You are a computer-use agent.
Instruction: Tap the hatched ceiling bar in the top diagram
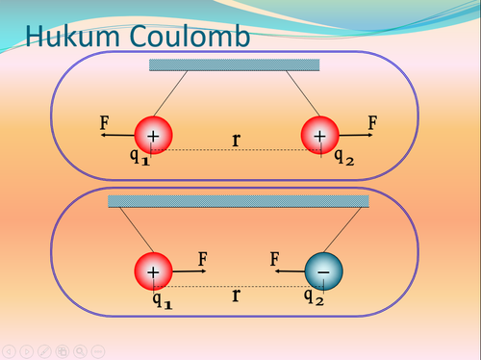234,64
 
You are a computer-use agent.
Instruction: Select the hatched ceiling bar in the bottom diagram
238,201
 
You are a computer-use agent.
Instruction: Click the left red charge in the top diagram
153,136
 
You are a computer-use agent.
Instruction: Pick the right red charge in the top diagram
320,136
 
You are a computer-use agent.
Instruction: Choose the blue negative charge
323,272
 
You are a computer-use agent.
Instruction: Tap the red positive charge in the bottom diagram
153,272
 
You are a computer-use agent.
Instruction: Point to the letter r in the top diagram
237,140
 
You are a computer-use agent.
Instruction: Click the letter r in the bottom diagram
236,295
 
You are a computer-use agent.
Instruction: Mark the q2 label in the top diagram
343,158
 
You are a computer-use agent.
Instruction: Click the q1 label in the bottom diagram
163,297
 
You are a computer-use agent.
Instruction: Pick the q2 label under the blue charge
315,296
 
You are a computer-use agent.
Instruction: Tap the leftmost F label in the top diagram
105,123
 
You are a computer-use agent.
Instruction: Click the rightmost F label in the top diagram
372,123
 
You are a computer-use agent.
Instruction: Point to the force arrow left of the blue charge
289,271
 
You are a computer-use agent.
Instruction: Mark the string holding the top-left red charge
172,96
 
